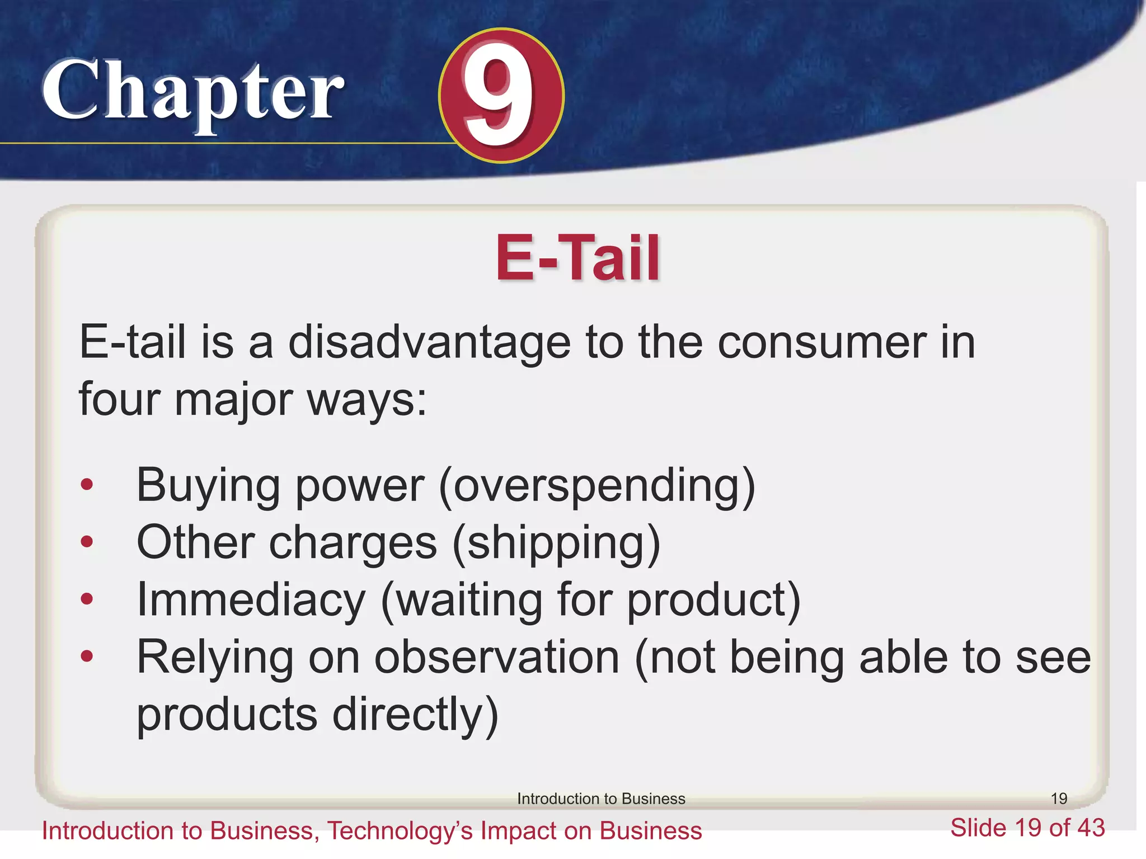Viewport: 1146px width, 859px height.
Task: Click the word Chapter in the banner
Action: tap(192, 92)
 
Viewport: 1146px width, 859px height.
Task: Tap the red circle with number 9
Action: tap(501, 96)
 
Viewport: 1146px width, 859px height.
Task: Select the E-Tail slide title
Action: tap(577, 258)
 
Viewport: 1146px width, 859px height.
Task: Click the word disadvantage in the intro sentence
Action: tap(429, 342)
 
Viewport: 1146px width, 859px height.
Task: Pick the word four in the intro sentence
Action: tap(118, 399)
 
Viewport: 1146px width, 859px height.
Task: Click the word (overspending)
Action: tap(597, 485)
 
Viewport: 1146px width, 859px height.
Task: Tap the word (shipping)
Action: tap(556, 542)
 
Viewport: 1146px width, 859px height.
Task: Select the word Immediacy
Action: tap(251, 600)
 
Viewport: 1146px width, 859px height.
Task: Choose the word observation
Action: tap(497, 657)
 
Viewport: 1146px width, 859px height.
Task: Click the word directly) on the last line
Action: tap(415, 715)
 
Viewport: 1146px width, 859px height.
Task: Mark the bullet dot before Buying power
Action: tap(87, 484)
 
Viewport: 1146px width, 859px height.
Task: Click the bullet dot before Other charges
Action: tap(87, 541)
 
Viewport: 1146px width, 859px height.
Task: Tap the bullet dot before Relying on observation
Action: tap(87, 656)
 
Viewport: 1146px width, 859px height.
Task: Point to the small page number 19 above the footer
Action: tap(1059, 799)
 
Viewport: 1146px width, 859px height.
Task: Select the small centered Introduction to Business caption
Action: tap(601, 799)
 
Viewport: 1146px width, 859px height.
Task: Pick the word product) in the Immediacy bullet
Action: tap(713, 600)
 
